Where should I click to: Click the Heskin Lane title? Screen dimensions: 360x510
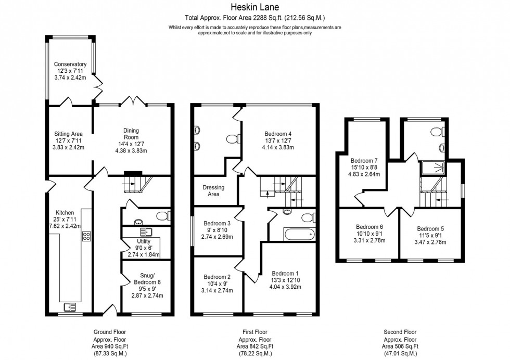click(x=254, y=7)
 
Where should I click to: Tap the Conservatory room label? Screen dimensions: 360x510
click(x=70, y=65)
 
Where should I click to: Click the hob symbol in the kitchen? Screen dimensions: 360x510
click(x=86, y=236)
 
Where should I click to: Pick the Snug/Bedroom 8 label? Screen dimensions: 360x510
click(x=145, y=279)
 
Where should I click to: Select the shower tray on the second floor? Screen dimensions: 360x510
click(x=433, y=167)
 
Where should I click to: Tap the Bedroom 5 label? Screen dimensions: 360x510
click(x=430, y=228)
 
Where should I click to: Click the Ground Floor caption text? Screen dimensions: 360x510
click(x=109, y=331)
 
